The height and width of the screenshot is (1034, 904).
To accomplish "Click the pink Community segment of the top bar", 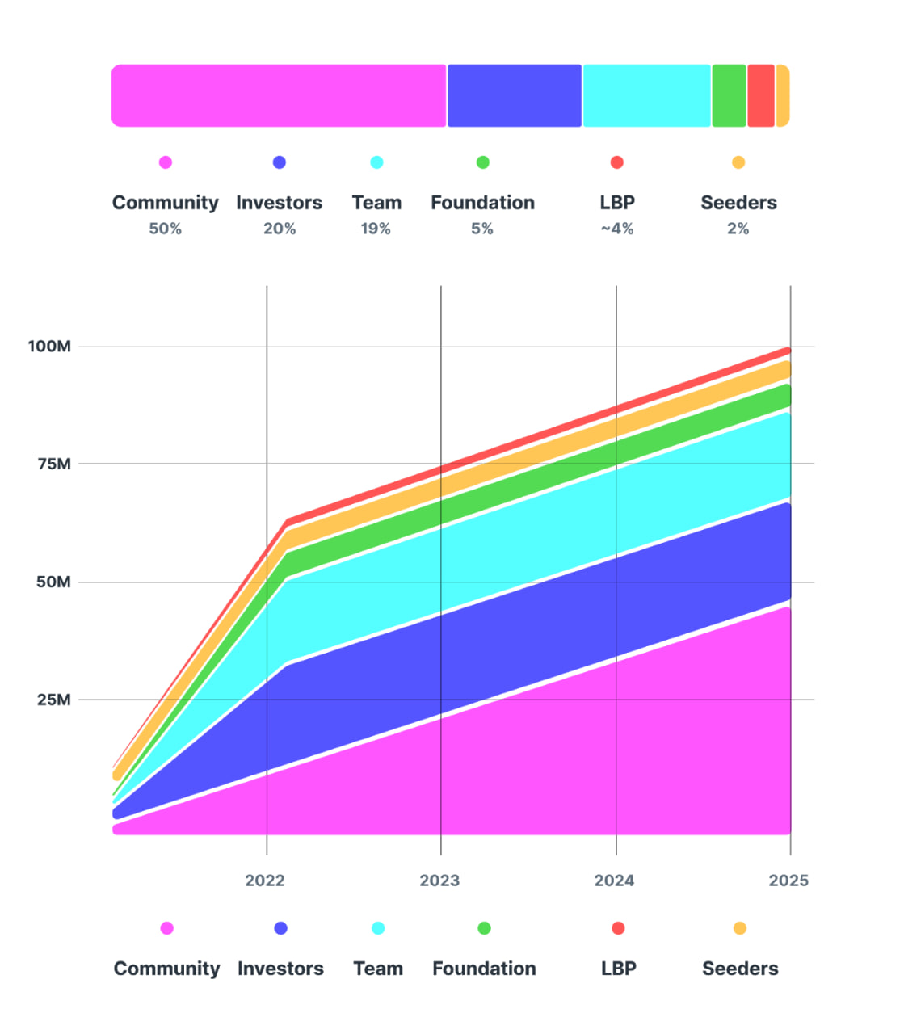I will [279, 95].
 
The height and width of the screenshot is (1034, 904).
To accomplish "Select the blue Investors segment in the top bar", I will [515, 95].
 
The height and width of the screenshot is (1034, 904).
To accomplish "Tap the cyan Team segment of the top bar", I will [646, 95].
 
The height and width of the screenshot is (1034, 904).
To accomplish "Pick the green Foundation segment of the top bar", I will [729, 95].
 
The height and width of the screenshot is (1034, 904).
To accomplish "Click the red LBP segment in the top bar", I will [761, 95].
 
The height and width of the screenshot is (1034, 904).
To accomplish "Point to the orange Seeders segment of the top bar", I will [782, 95].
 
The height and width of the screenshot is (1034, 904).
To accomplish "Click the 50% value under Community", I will [165, 229].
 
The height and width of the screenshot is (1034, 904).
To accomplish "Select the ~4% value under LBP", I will [617, 229].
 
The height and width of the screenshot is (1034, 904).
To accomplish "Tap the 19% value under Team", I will [376, 229].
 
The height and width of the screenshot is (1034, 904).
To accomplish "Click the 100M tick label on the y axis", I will [49, 347].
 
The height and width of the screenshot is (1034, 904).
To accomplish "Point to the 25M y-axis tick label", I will [53, 700].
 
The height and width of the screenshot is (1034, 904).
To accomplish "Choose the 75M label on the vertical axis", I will [53, 464].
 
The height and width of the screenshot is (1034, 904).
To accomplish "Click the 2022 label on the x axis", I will [265, 881].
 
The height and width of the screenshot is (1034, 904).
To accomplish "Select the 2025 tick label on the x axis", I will [788, 881].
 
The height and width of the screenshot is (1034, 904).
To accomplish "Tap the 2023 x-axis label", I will [439, 881].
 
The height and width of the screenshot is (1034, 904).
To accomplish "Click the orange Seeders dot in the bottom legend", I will [739, 928].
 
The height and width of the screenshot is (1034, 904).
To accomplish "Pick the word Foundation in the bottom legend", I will [484, 969].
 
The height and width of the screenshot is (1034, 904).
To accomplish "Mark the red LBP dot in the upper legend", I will [617, 162].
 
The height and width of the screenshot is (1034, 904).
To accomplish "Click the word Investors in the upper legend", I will [279, 203].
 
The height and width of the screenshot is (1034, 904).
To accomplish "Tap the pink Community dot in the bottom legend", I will [166, 928].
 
